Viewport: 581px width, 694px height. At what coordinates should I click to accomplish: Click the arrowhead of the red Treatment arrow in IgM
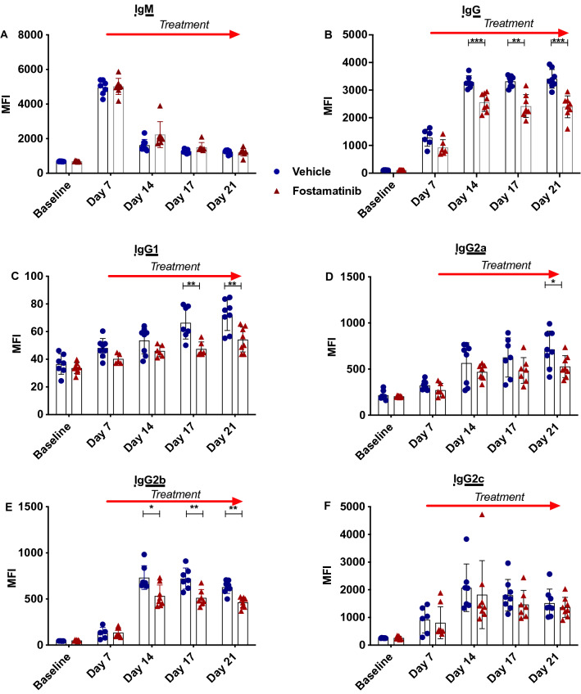[236, 34]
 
